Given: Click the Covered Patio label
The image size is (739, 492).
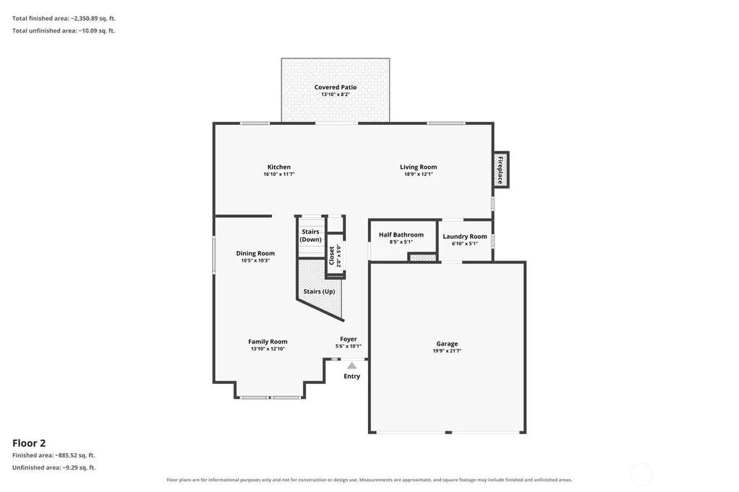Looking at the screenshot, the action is click(336, 87).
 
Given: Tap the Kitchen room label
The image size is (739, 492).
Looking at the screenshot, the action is click(279, 167).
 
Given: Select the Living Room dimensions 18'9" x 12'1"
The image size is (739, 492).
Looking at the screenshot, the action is click(419, 174).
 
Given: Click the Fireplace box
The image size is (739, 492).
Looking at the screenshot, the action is click(501, 170).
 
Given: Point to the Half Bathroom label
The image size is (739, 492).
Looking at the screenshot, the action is click(401, 234).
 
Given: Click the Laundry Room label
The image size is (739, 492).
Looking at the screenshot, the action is click(465, 237).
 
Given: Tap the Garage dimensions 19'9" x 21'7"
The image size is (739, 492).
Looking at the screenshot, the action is click(447, 351).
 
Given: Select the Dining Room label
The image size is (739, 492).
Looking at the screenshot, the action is click(255, 253).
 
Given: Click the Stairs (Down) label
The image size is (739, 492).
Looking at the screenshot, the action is click(310, 236).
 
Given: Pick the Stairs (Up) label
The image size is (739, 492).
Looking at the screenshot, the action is click(319, 291).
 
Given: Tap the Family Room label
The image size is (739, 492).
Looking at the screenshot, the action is click(268, 342).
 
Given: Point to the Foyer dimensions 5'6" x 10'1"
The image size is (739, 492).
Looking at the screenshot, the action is click(349, 346).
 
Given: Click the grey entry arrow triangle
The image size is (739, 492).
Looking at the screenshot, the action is click(352, 366).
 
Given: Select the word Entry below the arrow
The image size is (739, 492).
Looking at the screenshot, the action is click(351, 376).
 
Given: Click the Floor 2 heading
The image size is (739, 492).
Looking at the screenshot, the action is click(29, 443).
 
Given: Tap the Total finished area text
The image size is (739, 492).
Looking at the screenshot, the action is click(64, 18).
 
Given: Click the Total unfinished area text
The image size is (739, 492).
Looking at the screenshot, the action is click(64, 30).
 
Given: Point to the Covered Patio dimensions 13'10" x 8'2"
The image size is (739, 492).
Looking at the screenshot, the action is click(336, 95).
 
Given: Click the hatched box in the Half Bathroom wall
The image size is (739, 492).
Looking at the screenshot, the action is click(423, 258).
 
